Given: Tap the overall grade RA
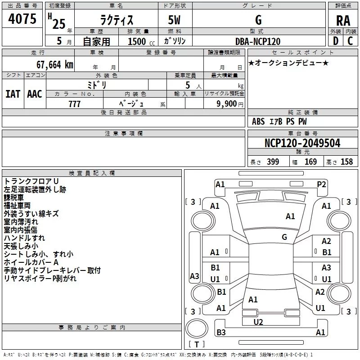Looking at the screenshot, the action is (343, 21).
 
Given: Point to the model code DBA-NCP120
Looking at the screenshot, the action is (258, 41).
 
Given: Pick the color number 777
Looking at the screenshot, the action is (74, 104).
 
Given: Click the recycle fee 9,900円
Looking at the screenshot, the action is (229, 104).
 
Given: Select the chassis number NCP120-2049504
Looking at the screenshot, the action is (302, 143).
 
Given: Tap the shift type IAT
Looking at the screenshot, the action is (13, 94).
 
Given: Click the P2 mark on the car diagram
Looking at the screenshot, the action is (321, 184).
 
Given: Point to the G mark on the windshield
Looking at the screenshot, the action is (284, 237).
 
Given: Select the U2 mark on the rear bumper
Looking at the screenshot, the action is (258, 322).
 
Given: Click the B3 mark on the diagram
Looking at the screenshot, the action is (221, 333).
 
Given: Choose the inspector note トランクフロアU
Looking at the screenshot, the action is (31, 181).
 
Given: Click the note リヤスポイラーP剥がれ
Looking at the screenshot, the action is (40, 279).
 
